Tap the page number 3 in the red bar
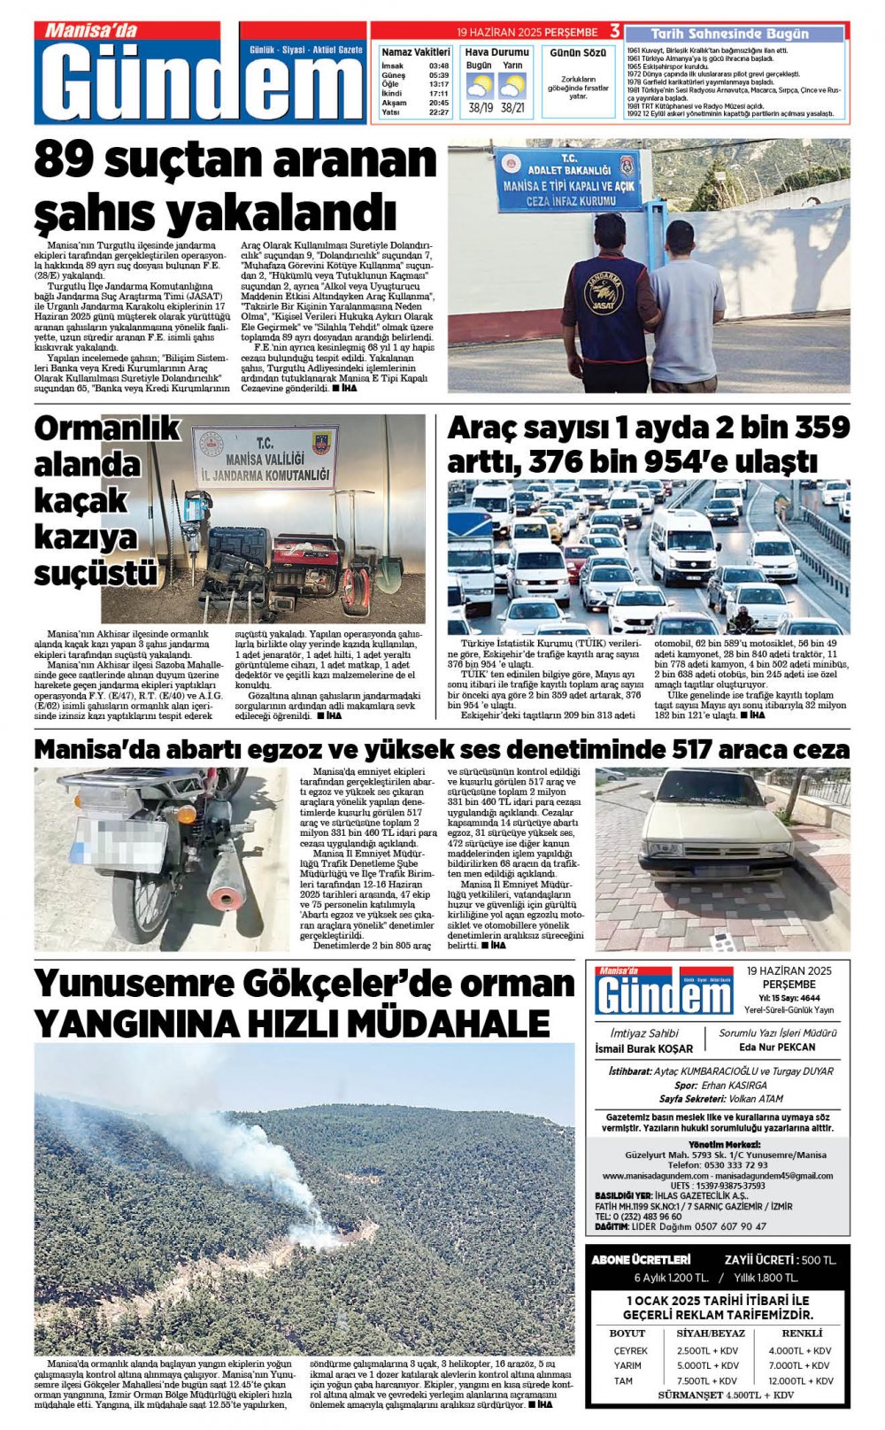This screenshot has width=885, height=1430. [x=614, y=32]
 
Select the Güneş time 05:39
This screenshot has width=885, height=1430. [x=438, y=75]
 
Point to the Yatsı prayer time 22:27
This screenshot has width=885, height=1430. [x=438, y=112]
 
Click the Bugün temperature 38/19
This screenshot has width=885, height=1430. [x=481, y=108]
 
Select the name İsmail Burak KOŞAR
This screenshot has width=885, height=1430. [x=643, y=1049]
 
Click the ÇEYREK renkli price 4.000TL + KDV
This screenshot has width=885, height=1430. [x=800, y=1351]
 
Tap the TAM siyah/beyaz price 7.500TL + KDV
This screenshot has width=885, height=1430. [x=707, y=1381]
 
